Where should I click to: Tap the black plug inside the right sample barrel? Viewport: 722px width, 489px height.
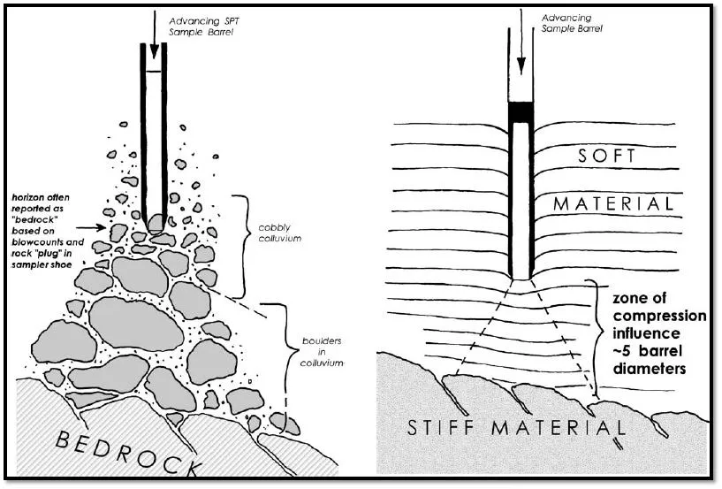521,112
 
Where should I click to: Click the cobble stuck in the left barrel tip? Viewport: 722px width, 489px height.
156,222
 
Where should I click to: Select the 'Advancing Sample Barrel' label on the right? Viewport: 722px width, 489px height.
566,22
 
